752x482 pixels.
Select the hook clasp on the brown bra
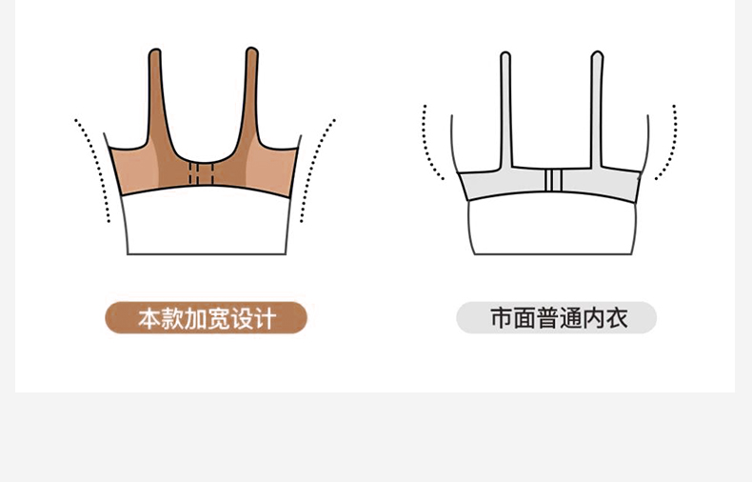point(200,174)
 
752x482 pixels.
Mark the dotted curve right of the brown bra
point(317,167)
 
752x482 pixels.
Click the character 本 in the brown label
point(150,318)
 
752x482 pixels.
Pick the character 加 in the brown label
point(196,318)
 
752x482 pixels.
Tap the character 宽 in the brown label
point(219,318)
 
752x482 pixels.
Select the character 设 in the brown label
point(242,318)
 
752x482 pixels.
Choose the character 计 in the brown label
point(265,318)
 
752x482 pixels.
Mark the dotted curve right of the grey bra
point(672,143)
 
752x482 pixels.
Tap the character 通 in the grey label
point(570,318)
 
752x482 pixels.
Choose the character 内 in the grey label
point(593,318)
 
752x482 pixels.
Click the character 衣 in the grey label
point(616,318)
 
